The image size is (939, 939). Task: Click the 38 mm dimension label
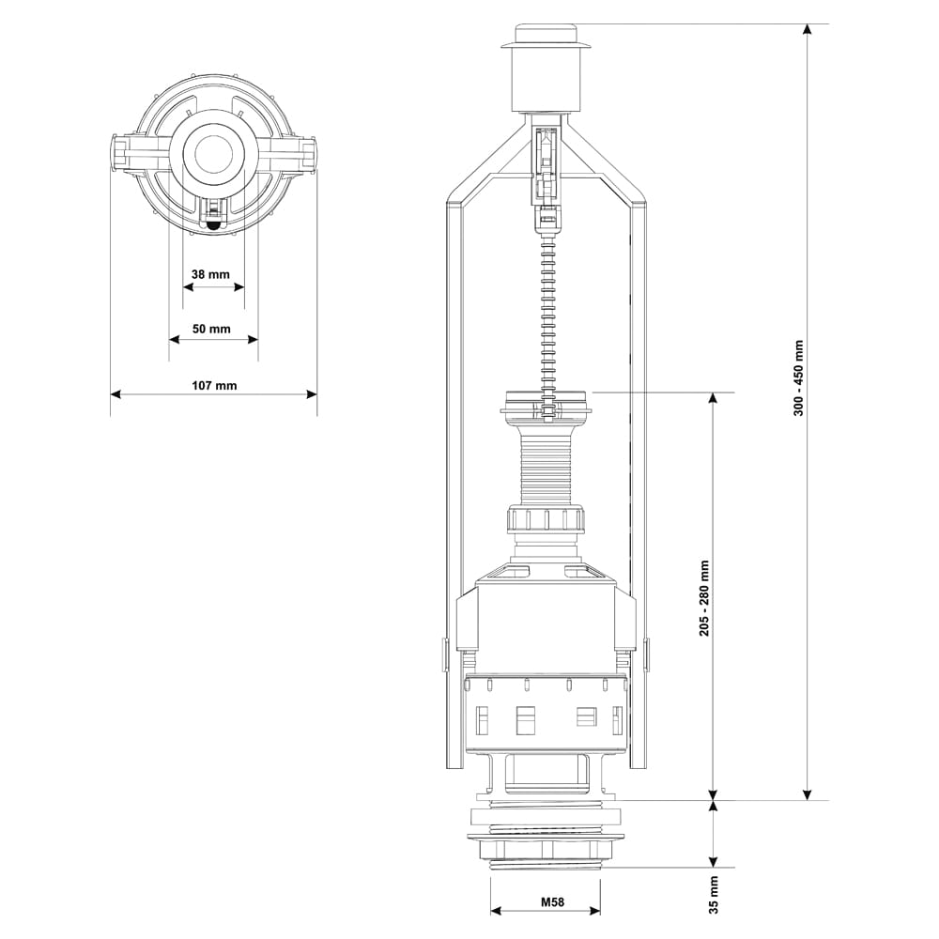[210, 274]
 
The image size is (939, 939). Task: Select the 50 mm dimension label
[211, 329]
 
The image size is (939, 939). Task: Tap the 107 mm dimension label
[214, 386]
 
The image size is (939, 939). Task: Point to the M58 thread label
[553, 901]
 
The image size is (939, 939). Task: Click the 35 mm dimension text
[714, 895]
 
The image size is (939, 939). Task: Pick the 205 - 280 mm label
[705, 598]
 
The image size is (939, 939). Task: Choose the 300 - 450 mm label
[799, 377]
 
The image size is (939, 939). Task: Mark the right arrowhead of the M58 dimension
[594, 911]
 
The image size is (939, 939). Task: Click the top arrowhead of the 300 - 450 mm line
[808, 30]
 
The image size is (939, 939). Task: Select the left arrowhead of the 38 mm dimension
[188, 286]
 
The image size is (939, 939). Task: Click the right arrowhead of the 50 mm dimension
[253, 340]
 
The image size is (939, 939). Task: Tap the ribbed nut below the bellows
[546, 518]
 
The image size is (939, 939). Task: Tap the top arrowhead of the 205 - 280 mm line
[713, 398]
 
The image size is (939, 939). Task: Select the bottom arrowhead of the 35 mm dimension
[713, 861]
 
